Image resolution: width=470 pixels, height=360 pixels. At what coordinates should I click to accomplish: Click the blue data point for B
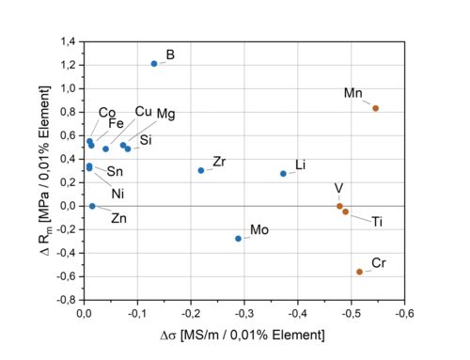tap(154, 63)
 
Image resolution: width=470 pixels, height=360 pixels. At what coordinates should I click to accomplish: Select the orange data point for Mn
tap(375, 108)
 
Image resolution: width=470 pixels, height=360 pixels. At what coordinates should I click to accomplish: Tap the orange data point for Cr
tap(359, 272)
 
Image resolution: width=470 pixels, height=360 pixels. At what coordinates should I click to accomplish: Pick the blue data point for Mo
tap(238, 239)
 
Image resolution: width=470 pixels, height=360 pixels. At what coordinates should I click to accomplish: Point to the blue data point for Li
tap(283, 174)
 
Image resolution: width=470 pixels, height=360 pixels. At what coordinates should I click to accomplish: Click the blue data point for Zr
tap(201, 170)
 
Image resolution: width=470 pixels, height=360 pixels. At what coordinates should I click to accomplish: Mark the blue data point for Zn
tap(92, 206)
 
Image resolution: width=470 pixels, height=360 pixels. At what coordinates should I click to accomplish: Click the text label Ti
tap(377, 222)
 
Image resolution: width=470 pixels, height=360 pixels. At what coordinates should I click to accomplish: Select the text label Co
tap(107, 113)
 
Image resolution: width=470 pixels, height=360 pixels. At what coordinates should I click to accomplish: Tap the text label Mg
tap(165, 114)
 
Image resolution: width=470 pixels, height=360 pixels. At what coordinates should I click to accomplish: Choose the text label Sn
tap(115, 171)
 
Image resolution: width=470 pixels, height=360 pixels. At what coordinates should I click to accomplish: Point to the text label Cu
tap(143, 111)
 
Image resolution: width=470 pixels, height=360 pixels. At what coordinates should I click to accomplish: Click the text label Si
tap(146, 141)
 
